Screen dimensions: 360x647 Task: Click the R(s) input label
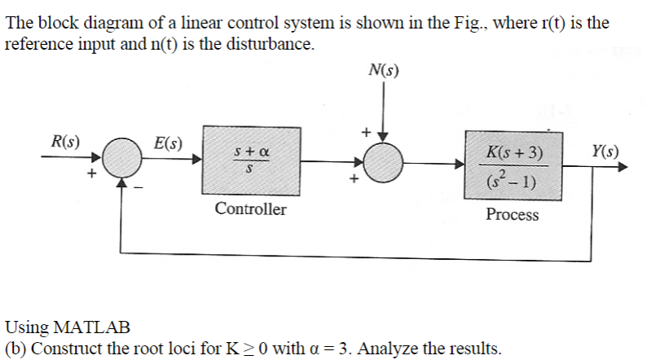click(x=65, y=140)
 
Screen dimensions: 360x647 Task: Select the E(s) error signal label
click(x=168, y=143)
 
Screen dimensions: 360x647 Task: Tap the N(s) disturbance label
click(x=384, y=72)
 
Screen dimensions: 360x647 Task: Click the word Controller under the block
click(x=250, y=209)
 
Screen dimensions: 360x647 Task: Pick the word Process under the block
click(x=512, y=215)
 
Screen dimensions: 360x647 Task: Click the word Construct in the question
click(x=64, y=349)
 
